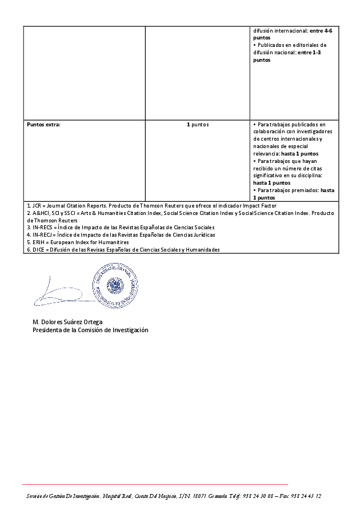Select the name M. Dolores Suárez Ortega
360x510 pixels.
click(x=67, y=322)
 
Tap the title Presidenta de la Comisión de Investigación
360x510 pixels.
click(x=90, y=330)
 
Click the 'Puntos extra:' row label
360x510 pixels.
click(x=43, y=124)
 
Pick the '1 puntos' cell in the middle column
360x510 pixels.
click(x=198, y=124)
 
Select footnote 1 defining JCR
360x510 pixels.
click(x=152, y=205)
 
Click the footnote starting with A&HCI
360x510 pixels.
click(x=171, y=213)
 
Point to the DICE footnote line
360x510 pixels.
click(x=123, y=249)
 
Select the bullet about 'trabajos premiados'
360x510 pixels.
click(x=294, y=193)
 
